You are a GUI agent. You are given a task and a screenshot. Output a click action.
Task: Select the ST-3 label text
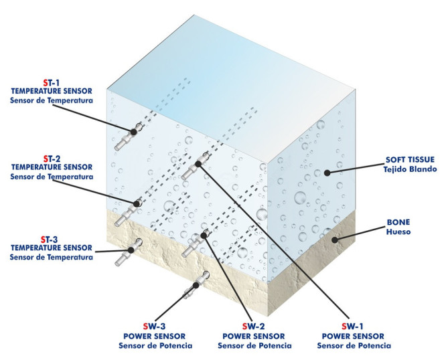click(52, 238)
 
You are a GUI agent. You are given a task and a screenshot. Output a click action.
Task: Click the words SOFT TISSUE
click(410, 161)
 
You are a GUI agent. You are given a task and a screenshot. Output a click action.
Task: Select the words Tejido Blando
click(410, 170)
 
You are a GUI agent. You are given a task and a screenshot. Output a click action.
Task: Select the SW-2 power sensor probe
click(194, 243)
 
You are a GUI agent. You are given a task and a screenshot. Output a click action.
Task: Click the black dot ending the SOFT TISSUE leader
click(327, 173)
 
